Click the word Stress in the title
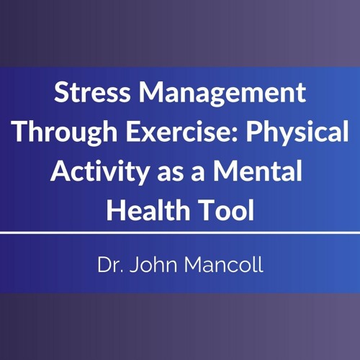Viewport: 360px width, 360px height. tap(92, 92)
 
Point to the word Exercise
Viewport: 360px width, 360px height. tap(179, 131)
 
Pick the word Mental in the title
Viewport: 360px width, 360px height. tap(258, 171)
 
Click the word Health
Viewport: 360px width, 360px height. tap(148, 210)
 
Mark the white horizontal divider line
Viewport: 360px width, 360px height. tap(180, 233)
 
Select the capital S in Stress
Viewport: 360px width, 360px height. tap(61, 92)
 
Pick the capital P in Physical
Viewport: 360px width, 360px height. tap(254, 131)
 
